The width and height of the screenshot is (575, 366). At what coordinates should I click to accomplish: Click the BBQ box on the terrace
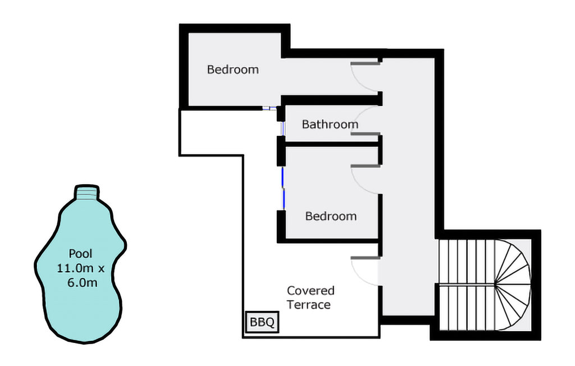pos(262,322)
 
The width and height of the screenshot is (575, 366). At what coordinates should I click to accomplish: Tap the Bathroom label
pos(330,124)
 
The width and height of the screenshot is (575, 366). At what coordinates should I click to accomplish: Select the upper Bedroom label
pos(233,69)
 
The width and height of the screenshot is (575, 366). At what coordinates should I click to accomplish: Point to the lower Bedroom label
pos(331,216)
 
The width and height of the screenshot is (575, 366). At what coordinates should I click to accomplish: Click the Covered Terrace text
pos(310,298)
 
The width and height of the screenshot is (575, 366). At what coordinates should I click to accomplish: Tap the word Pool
pos(81,253)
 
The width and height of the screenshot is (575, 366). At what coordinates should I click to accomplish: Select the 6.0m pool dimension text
pos(83,283)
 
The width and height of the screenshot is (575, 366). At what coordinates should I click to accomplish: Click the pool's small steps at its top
pos(87,193)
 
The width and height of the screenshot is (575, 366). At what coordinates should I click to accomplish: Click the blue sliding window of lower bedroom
pos(283,189)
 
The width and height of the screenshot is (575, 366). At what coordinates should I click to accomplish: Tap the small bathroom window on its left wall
pos(283,129)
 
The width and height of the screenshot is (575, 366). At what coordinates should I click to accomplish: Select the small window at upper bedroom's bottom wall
pos(270,108)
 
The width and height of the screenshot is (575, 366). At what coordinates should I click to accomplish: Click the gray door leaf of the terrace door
pos(365,258)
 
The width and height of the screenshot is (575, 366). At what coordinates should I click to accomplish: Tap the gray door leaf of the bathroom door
pos(365,134)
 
